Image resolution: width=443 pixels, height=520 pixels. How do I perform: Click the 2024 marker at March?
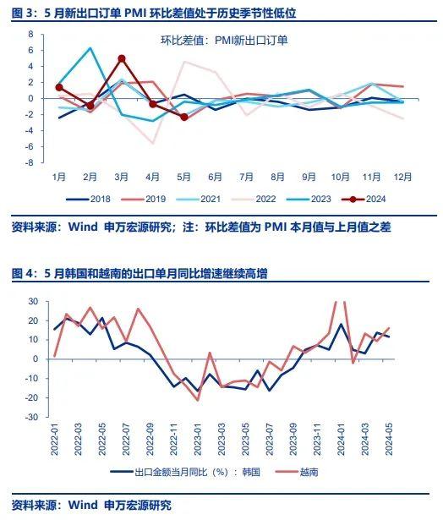click(x=122, y=58)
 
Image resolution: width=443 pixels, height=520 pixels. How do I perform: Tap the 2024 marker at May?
click(x=184, y=117)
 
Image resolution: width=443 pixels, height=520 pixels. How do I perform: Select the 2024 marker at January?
click(x=59, y=88)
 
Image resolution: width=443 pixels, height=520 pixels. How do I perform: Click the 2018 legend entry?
click(x=88, y=199)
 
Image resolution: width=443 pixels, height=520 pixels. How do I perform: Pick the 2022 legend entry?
click(x=254, y=199)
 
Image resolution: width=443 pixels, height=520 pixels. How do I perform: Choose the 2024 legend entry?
click(x=364, y=199)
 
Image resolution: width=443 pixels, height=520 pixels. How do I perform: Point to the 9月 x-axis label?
click(x=309, y=177)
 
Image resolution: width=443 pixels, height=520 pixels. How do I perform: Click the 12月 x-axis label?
click(x=402, y=177)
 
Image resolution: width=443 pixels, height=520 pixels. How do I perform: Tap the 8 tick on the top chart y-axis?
click(x=31, y=34)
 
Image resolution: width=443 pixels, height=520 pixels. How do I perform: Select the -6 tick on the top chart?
click(x=30, y=146)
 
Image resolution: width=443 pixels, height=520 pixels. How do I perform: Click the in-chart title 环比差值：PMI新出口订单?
click(x=224, y=41)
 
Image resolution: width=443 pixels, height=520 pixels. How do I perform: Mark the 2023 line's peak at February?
click(x=90, y=47)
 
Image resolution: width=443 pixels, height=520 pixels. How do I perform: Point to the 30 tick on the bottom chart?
click(x=34, y=302)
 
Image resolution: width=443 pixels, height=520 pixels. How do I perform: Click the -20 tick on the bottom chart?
click(x=32, y=397)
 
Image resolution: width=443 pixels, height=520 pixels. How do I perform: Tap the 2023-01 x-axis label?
click(x=198, y=439)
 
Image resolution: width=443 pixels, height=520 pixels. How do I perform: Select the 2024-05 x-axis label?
click(x=388, y=439)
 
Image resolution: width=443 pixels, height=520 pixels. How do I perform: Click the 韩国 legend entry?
click(x=185, y=472)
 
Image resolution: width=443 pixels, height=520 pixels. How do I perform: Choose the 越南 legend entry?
click(x=297, y=472)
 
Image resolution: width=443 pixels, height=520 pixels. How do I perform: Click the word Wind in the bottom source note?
click(x=83, y=505)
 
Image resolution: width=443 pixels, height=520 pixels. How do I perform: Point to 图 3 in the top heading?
click(x=23, y=14)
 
